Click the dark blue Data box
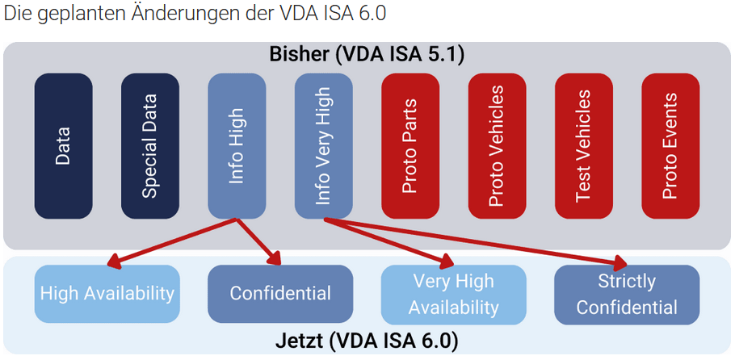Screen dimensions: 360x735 63,146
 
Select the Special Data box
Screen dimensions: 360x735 149,146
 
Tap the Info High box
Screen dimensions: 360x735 237,146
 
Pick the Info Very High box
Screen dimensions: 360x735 323,146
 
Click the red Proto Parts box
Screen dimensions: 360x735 409,146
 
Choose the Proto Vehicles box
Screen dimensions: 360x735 497,146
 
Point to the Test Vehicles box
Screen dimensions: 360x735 583,146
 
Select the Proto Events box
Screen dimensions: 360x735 670,146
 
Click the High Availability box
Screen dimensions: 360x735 107,294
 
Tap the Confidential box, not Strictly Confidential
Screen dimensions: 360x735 280,294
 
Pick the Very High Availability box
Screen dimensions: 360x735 453,295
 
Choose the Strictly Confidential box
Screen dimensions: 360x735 626,295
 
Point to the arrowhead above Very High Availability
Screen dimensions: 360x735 443,261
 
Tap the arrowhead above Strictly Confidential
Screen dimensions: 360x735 619,262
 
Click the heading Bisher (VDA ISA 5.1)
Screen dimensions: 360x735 367,55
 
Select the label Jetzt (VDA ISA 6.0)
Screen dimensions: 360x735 367,339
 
